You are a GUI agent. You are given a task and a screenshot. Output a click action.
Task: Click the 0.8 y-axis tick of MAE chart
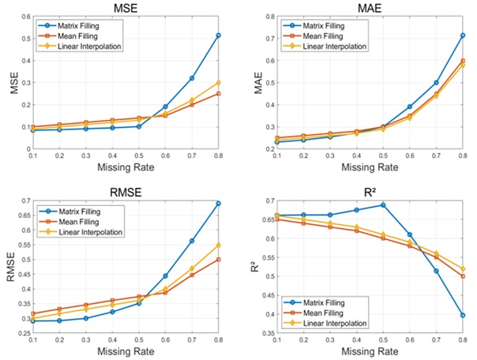click(269, 17)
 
